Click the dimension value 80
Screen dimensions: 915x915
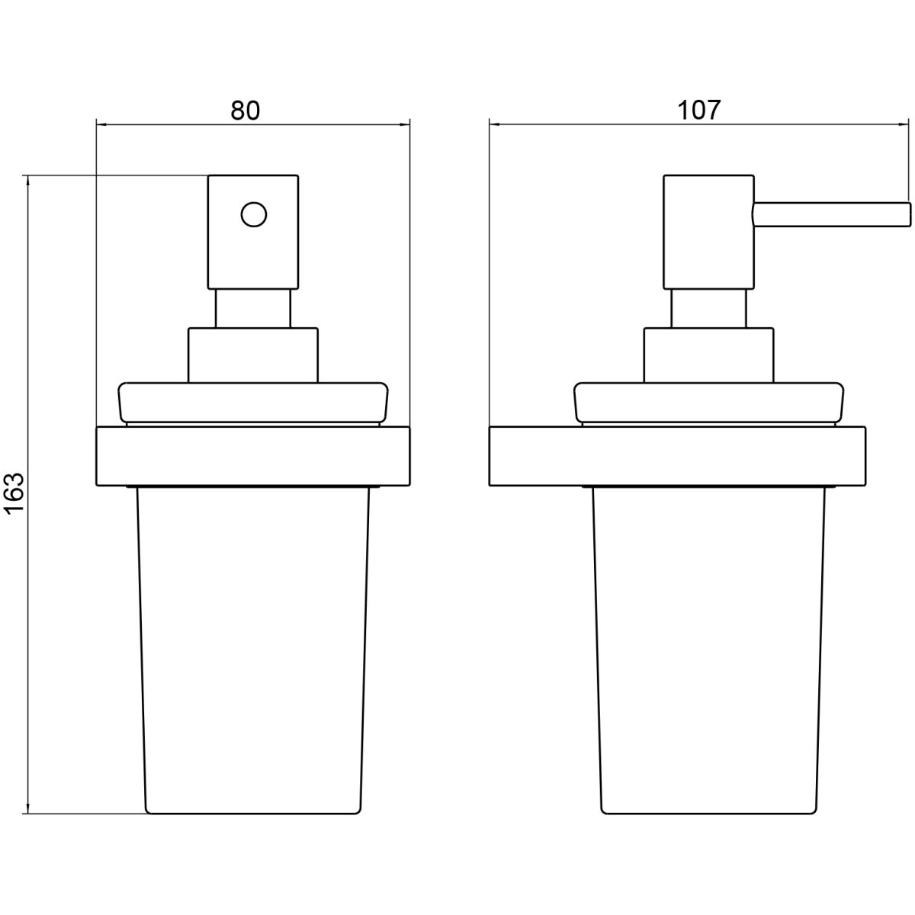pyautogui.click(x=246, y=111)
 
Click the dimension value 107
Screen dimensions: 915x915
pyautogui.click(x=698, y=111)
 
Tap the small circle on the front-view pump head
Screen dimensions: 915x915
pyautogui.click(x=254, y=214)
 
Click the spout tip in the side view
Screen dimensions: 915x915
pyautogui.click(x=908, y=218)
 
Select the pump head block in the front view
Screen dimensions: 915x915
pyautogui.click(x=253, y=233)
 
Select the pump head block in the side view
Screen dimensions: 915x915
pyautogui.click(x=708, y=233)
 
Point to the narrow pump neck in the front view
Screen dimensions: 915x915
pyautogui.click(x=253, y=309)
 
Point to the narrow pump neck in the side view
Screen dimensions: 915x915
pyautogui.click(x=708, y=309)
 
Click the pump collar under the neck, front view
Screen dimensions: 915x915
pyautogui.click(x=253, y=355)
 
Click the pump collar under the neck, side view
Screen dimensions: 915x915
pyautogui.click(x=708, y=355)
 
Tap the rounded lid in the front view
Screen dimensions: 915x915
pyautogui.click(x=253, y=403)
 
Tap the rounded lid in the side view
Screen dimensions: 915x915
pyautogui.click(x=709, y=403)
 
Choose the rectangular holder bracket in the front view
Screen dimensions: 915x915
pyautogui.click(x=253, y=456)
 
